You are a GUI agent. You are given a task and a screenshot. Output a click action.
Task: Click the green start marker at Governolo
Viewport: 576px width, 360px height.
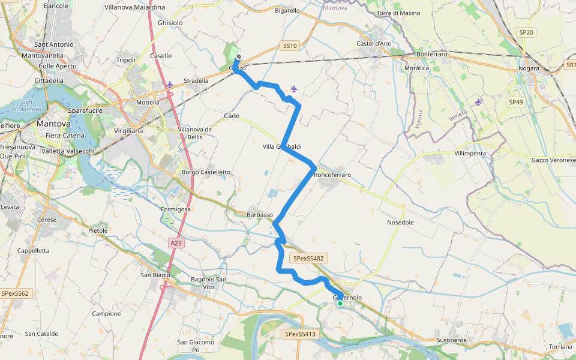[x=340, y=304]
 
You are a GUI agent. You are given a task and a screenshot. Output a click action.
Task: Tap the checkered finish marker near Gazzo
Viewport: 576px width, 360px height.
[x=239, y=57]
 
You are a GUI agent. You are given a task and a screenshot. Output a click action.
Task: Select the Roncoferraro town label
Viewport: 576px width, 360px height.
[x=332, y=175]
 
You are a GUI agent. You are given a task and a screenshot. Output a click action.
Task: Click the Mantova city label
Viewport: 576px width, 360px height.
[x=54, y=124]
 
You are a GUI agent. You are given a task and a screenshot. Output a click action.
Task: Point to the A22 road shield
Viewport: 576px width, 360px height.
[x=175, y=243]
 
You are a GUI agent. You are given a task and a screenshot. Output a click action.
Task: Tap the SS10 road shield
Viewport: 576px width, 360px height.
[x=289, y=46]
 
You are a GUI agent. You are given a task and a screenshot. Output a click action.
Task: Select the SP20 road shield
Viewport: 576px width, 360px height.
[x=525, y=32]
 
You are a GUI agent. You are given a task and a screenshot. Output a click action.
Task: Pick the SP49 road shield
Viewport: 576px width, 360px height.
[x=516, y=103]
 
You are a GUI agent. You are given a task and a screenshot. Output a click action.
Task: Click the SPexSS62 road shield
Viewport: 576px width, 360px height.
[x=16, y=293]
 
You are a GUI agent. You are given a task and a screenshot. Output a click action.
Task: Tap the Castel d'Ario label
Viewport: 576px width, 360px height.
[x=374, y=44]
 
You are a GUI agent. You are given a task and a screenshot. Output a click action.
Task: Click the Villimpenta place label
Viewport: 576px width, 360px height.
[x=470, y=153]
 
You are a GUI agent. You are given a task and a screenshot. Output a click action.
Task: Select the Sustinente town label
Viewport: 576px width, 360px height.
[x=451, y=340]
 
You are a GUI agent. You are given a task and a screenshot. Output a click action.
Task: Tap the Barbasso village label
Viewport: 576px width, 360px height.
[x=260, y=215]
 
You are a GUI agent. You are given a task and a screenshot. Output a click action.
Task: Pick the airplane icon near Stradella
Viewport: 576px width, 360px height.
[x=170, y=84]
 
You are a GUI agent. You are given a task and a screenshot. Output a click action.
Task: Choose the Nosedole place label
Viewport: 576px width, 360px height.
[x=400, y=222]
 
